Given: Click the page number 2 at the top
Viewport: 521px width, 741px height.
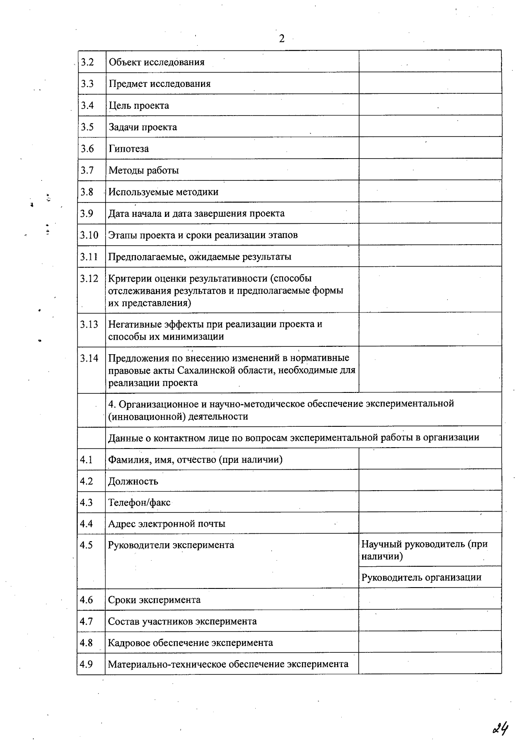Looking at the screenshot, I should coord(282,39).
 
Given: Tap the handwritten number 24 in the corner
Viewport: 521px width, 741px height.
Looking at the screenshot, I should coord(500,728).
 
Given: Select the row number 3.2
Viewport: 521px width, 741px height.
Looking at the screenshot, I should coord(87,62).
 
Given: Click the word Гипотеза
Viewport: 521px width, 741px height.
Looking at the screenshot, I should coord(129,149).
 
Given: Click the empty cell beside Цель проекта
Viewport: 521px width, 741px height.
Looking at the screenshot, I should coord(430,105).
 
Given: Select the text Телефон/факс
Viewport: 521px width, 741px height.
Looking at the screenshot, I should coord(139,503).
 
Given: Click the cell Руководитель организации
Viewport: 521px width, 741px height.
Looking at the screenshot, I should coord(421,578).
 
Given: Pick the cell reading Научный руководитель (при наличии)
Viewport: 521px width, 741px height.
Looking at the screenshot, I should coord(424,550).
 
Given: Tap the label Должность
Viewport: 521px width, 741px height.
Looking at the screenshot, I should coord(133,482).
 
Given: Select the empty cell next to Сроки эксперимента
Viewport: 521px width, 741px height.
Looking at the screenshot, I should coord(430,599).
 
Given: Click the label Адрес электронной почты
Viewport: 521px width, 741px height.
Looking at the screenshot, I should coord(166,524).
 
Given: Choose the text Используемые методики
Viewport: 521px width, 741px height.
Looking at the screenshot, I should coord(163,192).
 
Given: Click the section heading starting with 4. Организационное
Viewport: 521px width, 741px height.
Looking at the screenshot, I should coord(281,410).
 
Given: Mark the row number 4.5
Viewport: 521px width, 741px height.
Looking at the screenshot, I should coord(86,545).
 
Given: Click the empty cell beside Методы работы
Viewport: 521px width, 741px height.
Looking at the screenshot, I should coord(430,170).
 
